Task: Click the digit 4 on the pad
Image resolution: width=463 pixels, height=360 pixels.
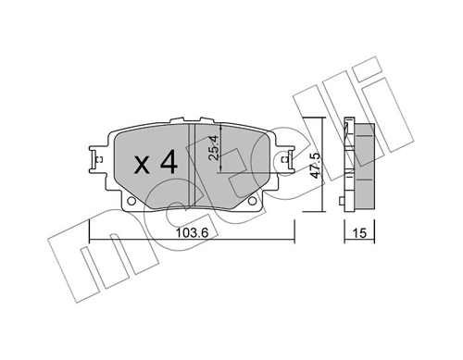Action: pos(167,164)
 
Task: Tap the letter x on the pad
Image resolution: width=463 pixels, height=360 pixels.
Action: pos(142,167)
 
